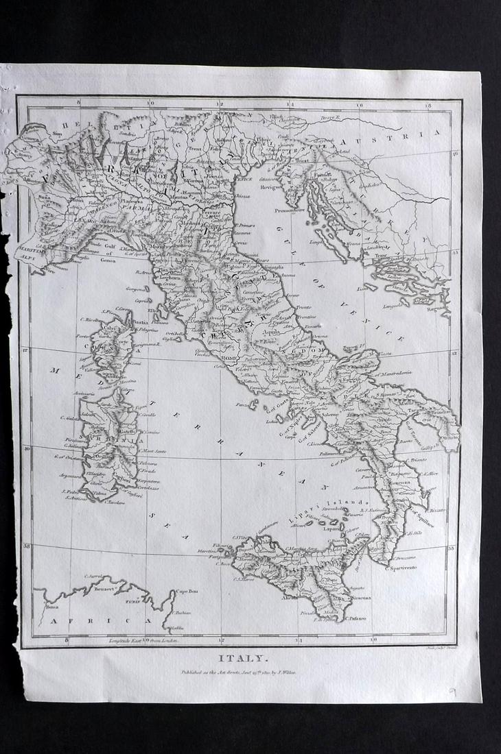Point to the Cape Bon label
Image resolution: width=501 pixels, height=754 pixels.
click(x=186, y=592)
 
